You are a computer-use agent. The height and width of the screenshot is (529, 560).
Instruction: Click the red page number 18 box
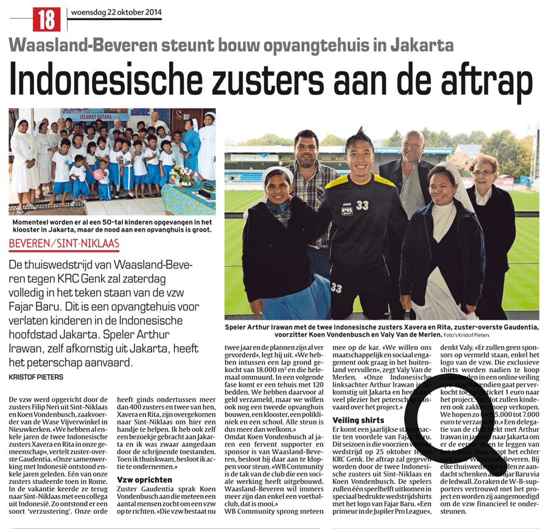[47, 19]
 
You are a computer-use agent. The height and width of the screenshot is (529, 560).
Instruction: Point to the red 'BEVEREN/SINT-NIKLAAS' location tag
[64, 245]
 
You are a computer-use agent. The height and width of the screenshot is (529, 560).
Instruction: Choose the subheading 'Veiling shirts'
[359, 420]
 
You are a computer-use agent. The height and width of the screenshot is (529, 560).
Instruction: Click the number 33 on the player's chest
[362, 206]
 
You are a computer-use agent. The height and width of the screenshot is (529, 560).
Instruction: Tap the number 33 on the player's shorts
[336, 288]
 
